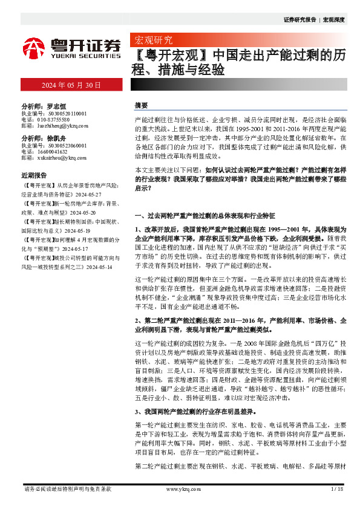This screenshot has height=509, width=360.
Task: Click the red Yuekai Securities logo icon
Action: [34, 47]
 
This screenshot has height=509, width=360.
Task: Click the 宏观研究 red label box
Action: [151, 41]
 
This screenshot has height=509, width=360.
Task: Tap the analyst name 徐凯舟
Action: [59, 138]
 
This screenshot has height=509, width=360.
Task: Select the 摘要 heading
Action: [141, 105]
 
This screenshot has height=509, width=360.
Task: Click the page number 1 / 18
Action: [337, 488]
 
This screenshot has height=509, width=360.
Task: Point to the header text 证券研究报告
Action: [299, 20]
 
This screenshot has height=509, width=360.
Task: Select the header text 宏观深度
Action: [333, 20]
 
